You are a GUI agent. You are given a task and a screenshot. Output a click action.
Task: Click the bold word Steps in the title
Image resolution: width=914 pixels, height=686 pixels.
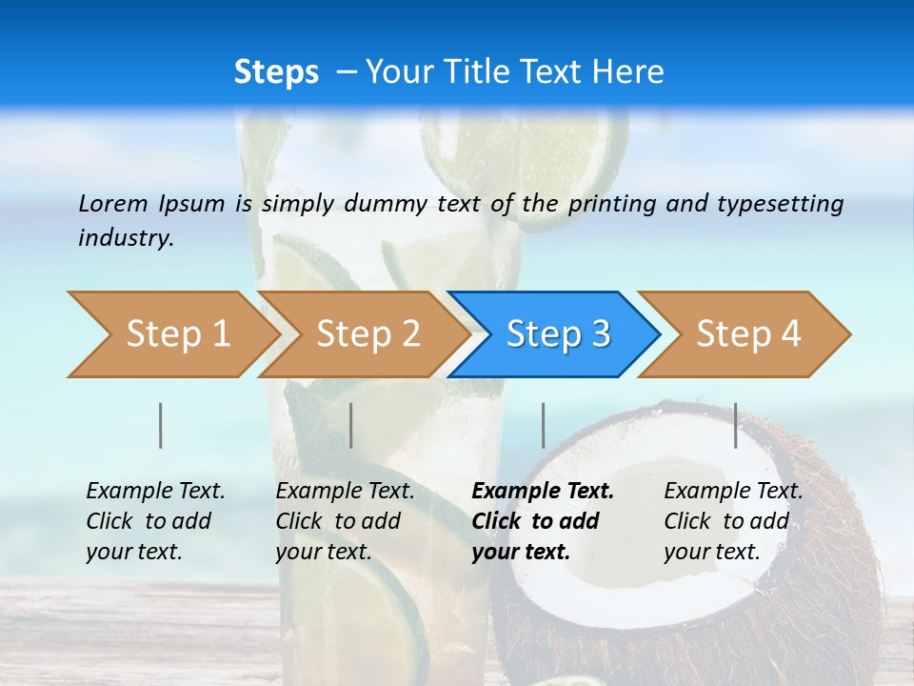tap(276, 72)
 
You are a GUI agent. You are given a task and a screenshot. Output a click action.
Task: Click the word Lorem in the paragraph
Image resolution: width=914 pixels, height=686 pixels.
tap(112, 203)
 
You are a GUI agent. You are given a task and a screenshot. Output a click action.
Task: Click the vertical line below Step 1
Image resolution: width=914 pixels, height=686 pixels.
tap(161, 425)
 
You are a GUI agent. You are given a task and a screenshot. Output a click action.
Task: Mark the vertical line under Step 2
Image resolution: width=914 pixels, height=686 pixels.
tap(351, 425)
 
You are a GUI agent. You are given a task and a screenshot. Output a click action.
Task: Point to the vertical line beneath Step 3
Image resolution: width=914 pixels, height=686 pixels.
tap(543, 425)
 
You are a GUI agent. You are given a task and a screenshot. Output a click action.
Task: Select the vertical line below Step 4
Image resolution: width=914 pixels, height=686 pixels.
tap(735, 425)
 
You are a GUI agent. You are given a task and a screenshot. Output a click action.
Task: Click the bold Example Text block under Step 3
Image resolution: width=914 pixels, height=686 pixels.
tap(541, 521)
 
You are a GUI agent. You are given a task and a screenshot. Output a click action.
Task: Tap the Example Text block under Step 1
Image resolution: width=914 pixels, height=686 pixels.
tap(154, 521)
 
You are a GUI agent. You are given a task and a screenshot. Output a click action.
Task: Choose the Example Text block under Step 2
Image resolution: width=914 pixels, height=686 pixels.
tap(345, 521)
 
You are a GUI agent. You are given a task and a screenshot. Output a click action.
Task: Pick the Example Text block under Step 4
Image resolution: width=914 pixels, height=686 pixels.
tap(732, 521)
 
